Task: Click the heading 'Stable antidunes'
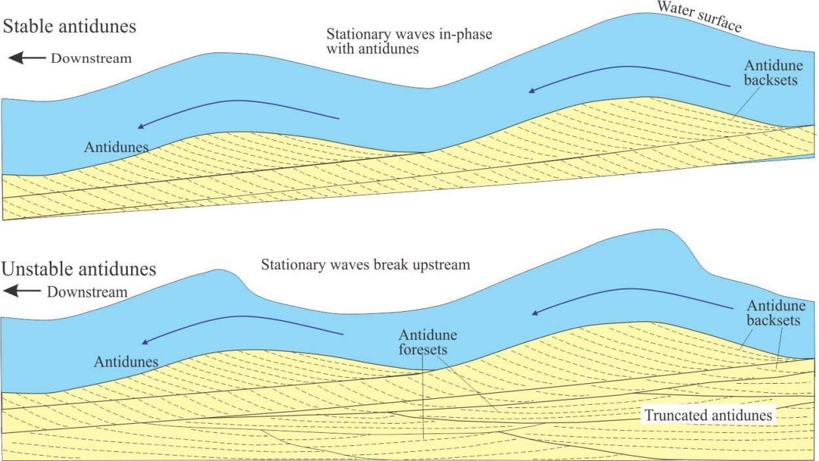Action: tap(69, 27)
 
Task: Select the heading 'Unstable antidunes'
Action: tap(79, 269)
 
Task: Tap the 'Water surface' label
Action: tap(700, 17)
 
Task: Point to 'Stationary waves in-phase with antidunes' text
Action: tap(409, 41)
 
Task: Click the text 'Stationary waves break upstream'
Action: tap(366, 265)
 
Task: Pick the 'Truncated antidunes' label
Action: tap(708, 415)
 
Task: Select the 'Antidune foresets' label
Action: tap(428, 342)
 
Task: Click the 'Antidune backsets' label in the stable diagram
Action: tap(773, 73)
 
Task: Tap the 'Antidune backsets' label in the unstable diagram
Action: tap(776, 313)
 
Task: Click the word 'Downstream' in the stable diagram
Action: tap(91, 58)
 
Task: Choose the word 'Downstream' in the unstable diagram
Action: tap(87, 292)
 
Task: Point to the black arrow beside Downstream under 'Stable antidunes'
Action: tap(27, 58)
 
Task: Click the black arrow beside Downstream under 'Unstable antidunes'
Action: tap(22, 291)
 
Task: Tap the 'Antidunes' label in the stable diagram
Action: tap(116, 147)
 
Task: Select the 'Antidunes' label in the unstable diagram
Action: tap(126, 361)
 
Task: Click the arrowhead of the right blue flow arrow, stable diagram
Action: tap(532, 90)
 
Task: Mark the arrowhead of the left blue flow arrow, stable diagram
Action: tap(141, 126)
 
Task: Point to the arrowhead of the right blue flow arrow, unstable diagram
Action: tap(535, 312)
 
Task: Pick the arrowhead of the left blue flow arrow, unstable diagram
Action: tap(145, 342)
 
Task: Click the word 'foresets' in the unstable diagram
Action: tap(423, 350)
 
